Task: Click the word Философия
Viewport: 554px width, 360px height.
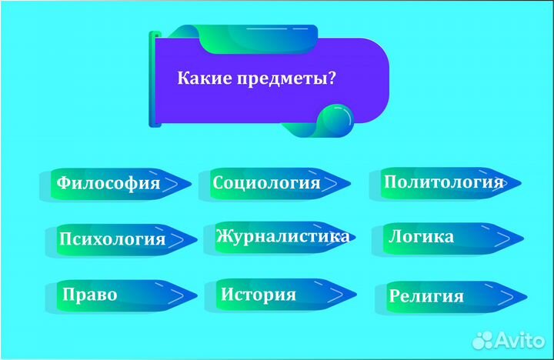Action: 109,183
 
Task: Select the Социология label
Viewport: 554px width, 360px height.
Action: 266,182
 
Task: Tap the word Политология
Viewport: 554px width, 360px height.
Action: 443,182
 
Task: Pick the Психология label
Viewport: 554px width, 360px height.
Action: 112,238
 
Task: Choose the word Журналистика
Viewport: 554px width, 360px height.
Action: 282,235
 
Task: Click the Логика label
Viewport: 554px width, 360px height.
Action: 421,236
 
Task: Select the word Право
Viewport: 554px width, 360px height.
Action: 91,295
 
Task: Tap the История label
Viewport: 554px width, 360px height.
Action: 259,295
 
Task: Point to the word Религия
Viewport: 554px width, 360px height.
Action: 426,295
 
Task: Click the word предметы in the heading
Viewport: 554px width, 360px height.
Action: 288,78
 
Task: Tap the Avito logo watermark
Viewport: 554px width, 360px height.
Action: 508,339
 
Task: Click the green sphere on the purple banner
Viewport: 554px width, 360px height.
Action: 337,121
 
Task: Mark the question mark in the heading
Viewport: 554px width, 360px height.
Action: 339,78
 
